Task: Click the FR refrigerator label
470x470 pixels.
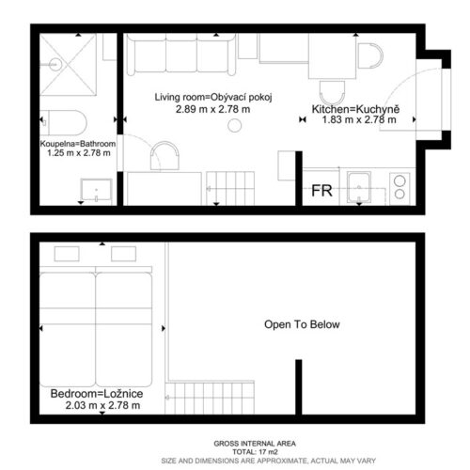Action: point(321,191)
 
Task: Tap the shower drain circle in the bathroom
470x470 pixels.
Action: point(55,65)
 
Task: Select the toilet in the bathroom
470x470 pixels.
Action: point(64,122)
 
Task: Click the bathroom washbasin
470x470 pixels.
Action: point(96,190)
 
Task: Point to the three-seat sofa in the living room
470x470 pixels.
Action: point(181,55)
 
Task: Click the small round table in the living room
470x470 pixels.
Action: point(235,126)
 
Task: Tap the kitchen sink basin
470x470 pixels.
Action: point(359,187)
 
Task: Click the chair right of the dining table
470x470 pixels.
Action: point(370,55)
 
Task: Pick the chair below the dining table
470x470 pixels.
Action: point(332,93)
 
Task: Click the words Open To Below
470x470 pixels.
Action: point(302,324)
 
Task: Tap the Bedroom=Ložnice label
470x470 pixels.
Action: point(97,394)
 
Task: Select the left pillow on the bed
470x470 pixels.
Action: point(67,254)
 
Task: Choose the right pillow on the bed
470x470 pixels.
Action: point(124,254)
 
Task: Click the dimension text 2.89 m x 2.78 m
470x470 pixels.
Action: point(212,109)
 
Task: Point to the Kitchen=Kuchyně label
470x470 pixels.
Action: point(355,109)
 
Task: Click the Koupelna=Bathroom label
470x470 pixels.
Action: point(78,144)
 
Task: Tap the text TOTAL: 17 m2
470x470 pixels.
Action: point(255,452)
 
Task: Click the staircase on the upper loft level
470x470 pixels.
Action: point(210,398)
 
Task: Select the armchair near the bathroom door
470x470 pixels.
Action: point(164,156)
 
